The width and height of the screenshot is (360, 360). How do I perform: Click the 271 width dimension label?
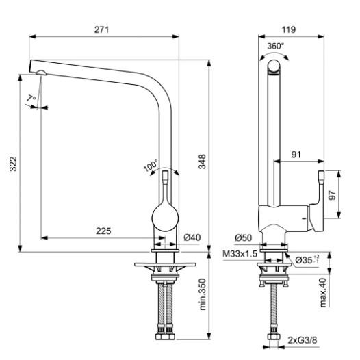click(x=101, y=29)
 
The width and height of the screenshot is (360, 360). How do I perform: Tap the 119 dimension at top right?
click(x=289, y=29)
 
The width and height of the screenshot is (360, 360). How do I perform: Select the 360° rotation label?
click(x=276, y=46)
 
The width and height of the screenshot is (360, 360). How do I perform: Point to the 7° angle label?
click(x=31, y=99)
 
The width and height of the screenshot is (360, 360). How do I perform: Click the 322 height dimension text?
click(x=13, y=164)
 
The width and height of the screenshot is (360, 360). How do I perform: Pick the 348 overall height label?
click(x=202, y=162)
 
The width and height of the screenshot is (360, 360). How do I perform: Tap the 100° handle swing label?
click(x=151, y=166)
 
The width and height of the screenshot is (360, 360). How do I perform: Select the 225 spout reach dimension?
click(x=103, y=231)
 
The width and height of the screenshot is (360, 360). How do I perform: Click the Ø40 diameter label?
click(x=192, y=237)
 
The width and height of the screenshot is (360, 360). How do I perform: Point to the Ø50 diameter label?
click(x=244, y=238)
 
